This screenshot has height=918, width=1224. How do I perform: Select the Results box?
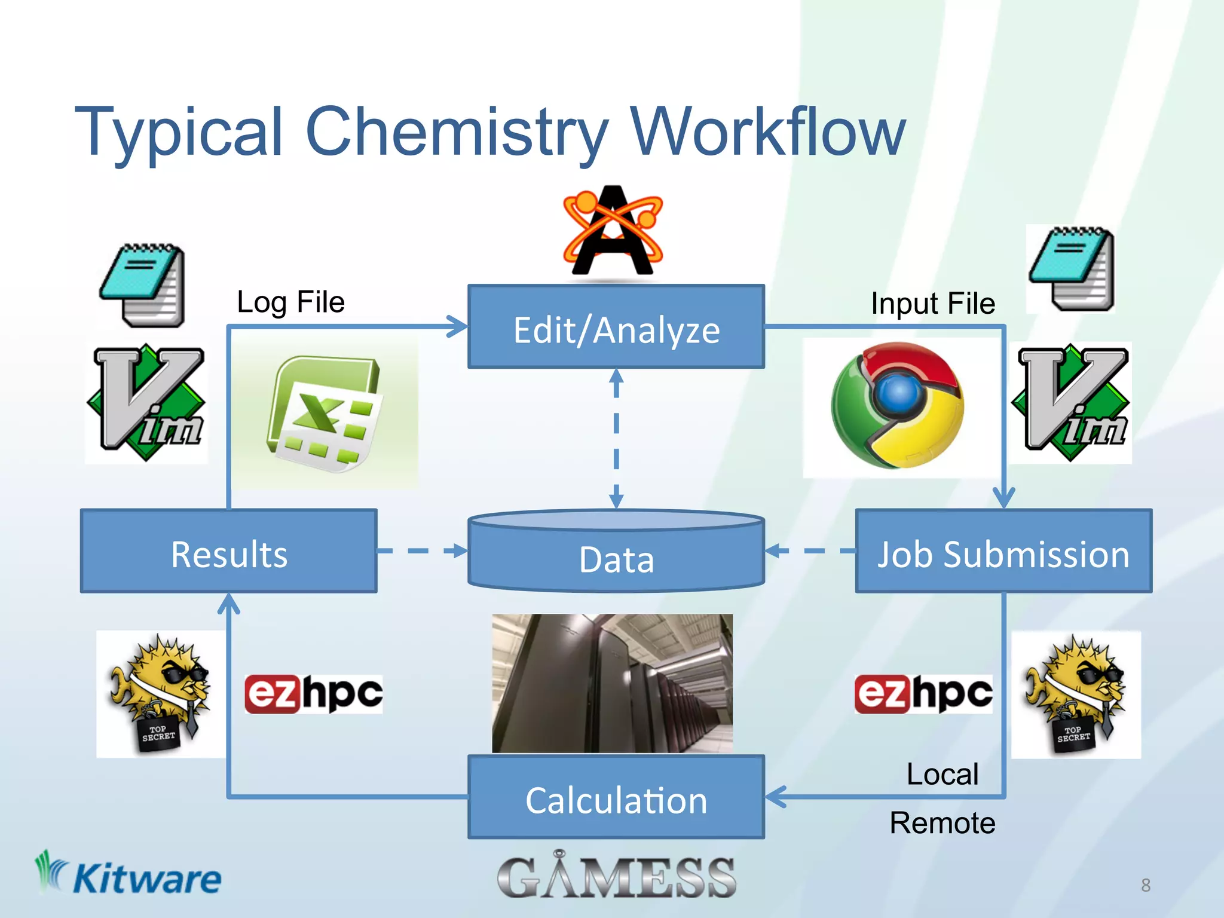pyautogui.click(x=229, y=552)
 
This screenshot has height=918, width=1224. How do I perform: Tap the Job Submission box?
pyautogui.click(x=1003, y=552)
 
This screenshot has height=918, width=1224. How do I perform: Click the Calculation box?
pyautogui.click(x=616, y=798)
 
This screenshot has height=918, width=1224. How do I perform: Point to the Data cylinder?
pyautogui.click(x=616, y=553)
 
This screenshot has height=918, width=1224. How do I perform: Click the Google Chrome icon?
pyautogui.click(x=896, y=405)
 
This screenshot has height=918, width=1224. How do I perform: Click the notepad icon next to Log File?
pyautogui.click(x=143, y=286)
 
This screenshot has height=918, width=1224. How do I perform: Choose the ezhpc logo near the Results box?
pyautogui.click(x=314, y=693)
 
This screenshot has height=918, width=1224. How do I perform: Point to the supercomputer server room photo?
pyautogui.click(x=612, y=683)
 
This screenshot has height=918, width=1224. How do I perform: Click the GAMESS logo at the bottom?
pyautogui.click(x=616, y=876)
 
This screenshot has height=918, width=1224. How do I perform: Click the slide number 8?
pyautogui.click(x=1145, y=885)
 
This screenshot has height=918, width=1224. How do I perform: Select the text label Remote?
pyautogui.click(x=943, y=823)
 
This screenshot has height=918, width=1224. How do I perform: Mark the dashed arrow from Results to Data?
pyautogui.click(x=421, y=550)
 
